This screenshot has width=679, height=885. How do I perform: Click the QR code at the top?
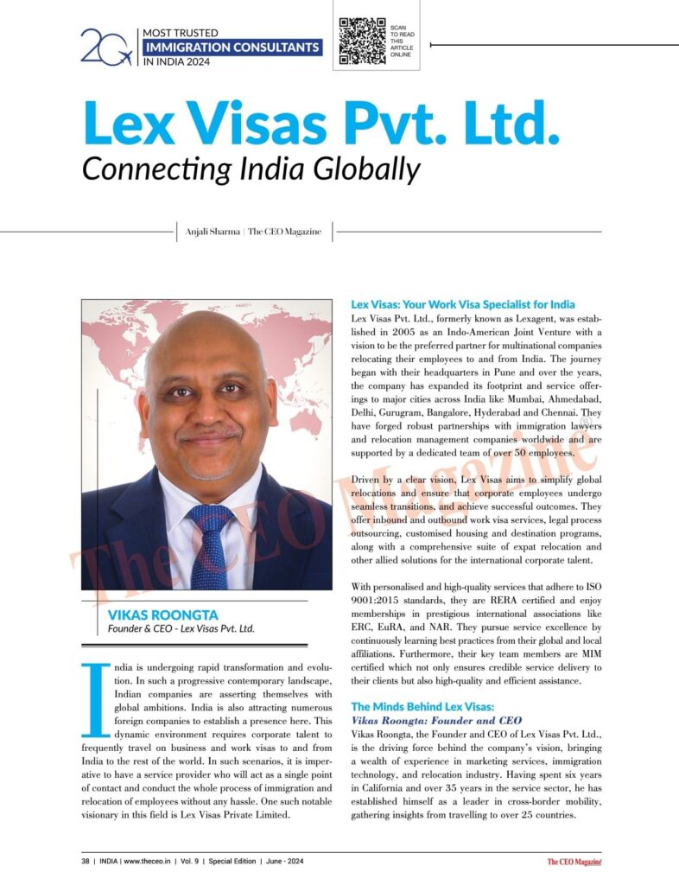[363, 41]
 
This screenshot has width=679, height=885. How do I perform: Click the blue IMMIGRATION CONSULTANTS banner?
[232, 47]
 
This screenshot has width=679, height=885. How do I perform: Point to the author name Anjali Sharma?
[213, 232]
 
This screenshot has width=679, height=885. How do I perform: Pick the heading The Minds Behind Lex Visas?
[422, 706]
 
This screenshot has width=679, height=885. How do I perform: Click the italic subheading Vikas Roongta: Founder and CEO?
[436, 720]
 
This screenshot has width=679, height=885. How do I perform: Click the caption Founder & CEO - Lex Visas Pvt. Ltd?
[181, 628]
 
